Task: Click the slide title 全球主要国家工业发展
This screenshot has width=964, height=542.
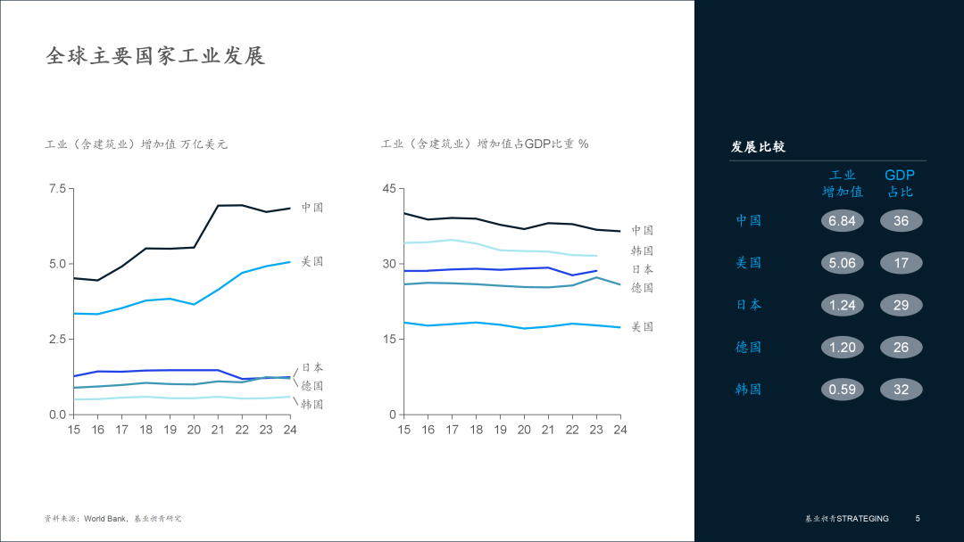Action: (155, 56)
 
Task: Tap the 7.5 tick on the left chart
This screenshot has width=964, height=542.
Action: (57, 188)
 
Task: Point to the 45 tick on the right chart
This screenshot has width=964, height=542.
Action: (388, 188)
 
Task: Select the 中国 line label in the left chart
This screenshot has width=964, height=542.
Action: (312, 207)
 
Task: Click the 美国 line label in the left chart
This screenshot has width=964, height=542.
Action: (312, 261)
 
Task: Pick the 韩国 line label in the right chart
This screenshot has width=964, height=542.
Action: (643, 250)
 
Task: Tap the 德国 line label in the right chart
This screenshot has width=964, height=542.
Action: (643, 288)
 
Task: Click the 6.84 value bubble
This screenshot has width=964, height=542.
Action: (843, 221)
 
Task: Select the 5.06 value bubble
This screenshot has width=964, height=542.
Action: (843, 263)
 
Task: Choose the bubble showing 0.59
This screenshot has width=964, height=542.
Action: (843, 390)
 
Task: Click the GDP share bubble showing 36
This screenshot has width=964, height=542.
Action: (901, 221)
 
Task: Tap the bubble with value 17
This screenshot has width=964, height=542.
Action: (901, 263)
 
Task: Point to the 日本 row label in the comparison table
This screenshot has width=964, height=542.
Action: (749, 305)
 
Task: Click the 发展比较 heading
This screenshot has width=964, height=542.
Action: (758, 147)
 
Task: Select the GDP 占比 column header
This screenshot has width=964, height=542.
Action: (900, 184)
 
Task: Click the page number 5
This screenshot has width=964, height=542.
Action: (918, 519)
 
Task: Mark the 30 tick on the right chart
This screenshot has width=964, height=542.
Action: (388, 264)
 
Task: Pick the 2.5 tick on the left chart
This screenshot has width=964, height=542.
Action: (57, 340)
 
